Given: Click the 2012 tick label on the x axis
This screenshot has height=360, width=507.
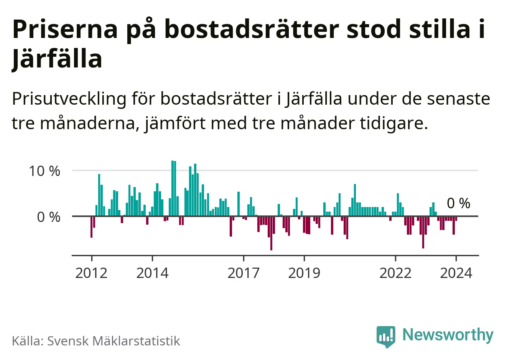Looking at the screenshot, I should [x=91, y=273].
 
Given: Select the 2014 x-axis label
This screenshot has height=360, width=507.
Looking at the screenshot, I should [x=152, y=273].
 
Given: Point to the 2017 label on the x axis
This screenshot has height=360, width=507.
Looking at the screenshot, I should [x=244, y=273].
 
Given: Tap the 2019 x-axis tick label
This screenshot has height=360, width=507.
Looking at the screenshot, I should [x=304, y=273].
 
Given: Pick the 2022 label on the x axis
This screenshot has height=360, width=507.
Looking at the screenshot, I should [x=395, y=273].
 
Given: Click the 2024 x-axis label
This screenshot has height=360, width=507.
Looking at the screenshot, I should [x=456, y=273].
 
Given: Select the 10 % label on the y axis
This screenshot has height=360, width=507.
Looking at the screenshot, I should [x=44, y=171].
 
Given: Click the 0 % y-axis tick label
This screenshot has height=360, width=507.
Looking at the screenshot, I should [x=49, y=217].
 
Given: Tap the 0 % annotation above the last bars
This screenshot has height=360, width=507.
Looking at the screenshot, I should [x=459, y=203].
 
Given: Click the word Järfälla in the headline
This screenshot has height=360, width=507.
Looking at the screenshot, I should [x=57, y=59].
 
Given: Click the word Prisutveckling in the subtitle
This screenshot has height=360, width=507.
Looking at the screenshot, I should [x=69, y=99].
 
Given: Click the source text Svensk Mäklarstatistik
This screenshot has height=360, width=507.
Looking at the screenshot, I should [x=113, y=341].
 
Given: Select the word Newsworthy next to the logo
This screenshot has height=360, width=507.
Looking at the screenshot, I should [x=448, y=335].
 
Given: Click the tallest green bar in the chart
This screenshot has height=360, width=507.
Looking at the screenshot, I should [x=173, y=188].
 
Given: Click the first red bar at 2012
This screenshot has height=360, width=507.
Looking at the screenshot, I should [x=91, y=227].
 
